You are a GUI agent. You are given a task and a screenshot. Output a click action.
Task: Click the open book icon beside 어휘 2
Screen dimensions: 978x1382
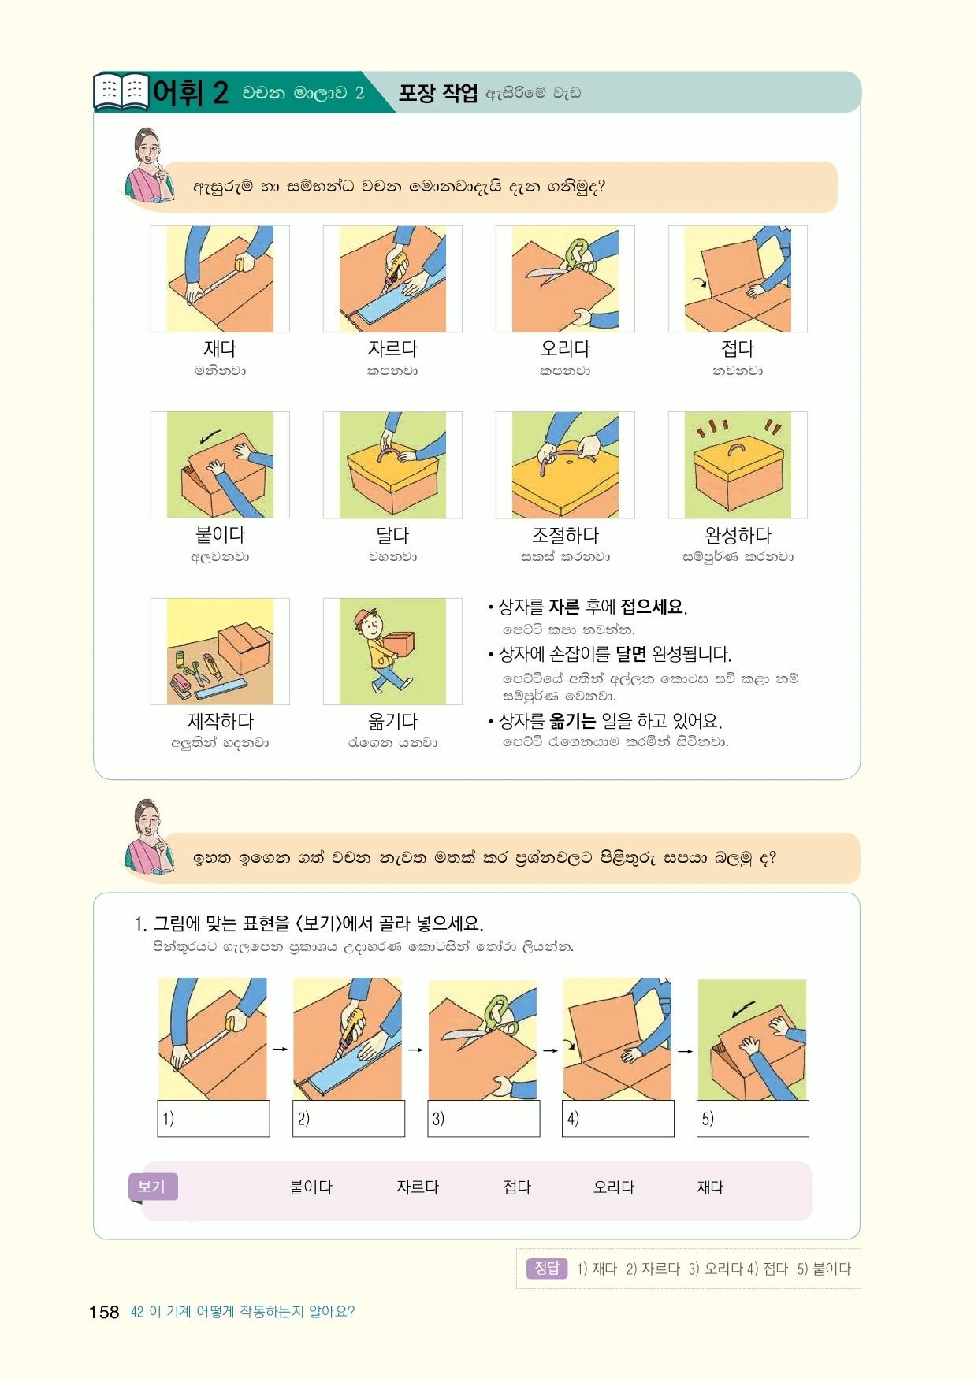click(121, 91)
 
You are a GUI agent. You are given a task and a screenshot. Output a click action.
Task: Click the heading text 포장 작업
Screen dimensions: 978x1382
click(437, 93)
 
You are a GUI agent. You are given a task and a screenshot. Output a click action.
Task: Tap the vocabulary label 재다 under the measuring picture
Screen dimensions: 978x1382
click(220, 348)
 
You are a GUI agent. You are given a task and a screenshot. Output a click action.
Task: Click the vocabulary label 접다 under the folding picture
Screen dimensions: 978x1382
click(738, 348)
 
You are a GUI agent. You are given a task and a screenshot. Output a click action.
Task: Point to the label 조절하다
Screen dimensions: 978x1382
click(565, 535)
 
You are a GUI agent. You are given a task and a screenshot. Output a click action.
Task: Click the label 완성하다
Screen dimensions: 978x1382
click(738, 535)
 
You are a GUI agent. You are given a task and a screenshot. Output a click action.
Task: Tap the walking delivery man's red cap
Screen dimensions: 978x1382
click(364, 615)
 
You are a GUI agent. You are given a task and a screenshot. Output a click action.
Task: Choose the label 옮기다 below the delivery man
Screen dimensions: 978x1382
click(392, 721)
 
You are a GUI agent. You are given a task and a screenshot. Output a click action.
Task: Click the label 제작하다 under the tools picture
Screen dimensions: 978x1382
click(220, 721)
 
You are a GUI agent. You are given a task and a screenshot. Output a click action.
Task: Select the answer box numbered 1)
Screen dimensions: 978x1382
click(214, 1118)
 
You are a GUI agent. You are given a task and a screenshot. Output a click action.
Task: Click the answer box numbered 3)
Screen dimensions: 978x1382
click(484, 1118)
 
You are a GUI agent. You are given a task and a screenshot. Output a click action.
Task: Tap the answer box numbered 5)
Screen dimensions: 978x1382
click(753, 1118)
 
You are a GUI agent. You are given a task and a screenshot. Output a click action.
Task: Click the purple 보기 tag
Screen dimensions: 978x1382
click(153, 1187)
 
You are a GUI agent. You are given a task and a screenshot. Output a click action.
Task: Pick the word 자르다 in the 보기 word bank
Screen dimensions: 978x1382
click(417, 1187)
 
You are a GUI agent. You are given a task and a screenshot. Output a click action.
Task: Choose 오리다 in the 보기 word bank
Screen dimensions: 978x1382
click(614, 1187)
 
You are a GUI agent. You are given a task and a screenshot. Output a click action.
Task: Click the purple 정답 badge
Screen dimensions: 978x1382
click(547, 1268)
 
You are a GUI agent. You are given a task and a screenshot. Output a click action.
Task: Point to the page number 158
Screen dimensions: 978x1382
click(104, 1312)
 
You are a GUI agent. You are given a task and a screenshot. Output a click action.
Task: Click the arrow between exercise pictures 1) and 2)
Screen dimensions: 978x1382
click(280, 1049)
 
